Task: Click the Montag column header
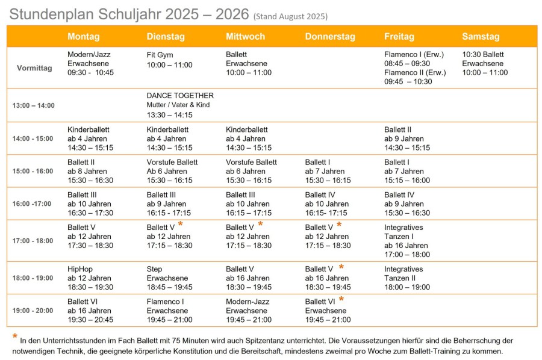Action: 83,37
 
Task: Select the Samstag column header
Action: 481,37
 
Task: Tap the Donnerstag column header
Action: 330,37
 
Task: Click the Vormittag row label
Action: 34,68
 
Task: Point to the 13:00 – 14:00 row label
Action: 33,105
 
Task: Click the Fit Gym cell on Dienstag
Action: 169,60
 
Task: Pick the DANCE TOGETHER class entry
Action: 180,96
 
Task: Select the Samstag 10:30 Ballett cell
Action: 484,63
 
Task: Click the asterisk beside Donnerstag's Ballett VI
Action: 341,299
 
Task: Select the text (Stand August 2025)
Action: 290,16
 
